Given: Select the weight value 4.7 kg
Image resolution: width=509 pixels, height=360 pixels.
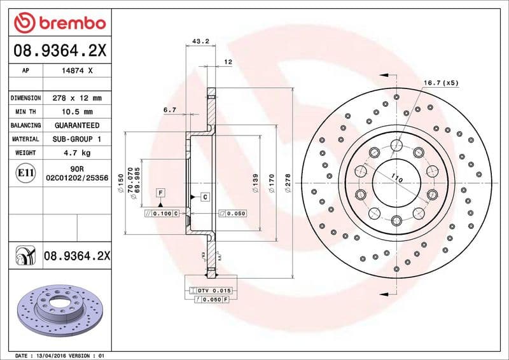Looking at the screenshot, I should (76, 153).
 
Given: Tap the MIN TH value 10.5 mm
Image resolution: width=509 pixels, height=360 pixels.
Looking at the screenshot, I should (76, 112).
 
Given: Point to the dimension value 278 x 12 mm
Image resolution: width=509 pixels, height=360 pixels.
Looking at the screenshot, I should (76, 98).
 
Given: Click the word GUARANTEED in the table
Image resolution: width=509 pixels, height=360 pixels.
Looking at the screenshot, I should (76, 125).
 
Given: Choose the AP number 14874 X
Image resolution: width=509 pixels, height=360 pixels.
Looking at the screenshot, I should (76, 71).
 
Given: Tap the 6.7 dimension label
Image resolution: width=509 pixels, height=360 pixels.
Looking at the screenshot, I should (169, 110).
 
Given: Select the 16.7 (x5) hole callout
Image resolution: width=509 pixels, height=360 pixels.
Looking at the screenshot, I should (441, 83).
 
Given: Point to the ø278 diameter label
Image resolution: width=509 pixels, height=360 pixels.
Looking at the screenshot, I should (288, 184).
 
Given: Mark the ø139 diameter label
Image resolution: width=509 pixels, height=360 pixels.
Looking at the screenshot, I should (255, 184).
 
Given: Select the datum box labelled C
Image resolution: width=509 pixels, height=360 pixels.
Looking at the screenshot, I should (205, 197).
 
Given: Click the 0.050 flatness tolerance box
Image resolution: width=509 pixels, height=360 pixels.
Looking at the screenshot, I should (232, 213).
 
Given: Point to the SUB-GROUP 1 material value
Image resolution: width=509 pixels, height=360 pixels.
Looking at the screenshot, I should (76, 139).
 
